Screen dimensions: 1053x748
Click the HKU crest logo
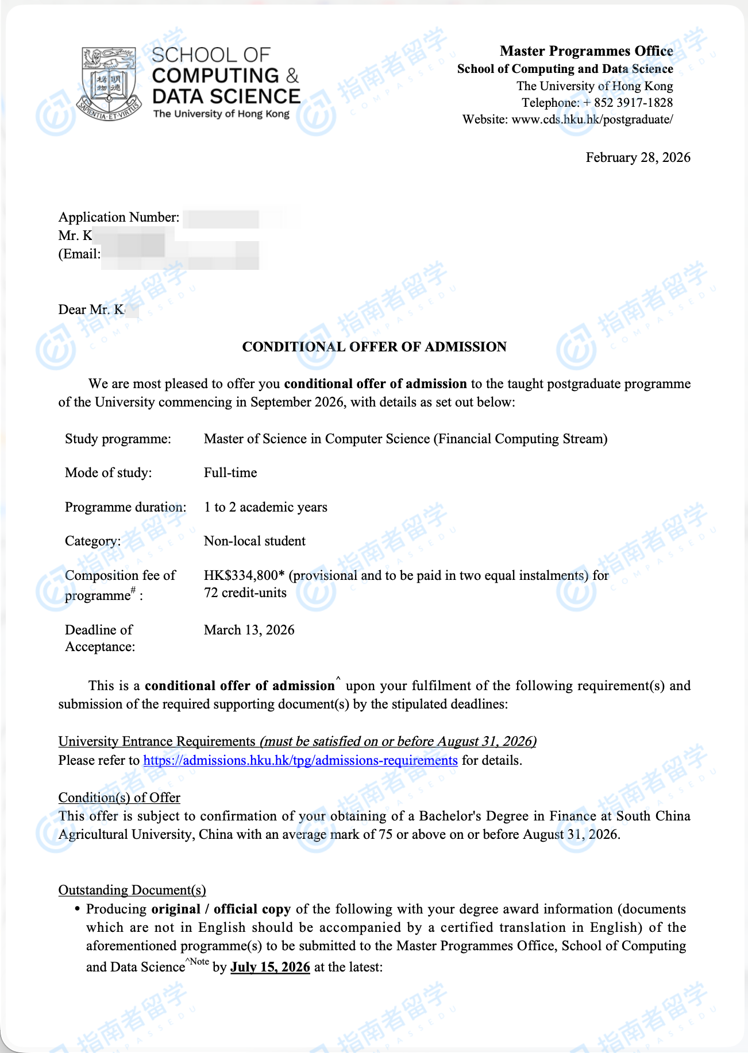pos(109,83)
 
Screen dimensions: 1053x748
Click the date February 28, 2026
pos(638,158)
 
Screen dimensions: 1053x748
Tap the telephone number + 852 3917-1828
pos(627,103)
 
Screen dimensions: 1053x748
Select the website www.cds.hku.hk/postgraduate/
pos(592,119)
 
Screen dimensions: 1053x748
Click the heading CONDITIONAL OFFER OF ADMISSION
pos(374,347)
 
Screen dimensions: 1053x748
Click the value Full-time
pos(230,473)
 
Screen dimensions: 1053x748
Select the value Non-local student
pos(255,541)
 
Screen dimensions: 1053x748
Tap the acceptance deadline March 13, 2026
pos(249,630)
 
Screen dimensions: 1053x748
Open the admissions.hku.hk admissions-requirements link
pos(300,761)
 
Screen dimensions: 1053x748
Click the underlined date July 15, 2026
pos(270,967)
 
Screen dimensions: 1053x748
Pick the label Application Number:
pos(119,217)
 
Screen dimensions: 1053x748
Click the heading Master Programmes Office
pos(586,51)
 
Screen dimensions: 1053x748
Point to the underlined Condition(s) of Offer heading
pos(119,798)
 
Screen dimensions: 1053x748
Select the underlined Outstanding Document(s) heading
pos(132,890)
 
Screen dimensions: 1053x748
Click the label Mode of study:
pos(108,473)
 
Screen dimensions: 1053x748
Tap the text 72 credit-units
pos(245,593)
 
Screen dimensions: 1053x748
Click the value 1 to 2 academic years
pos(265,507)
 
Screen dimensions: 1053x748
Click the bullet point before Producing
pos(77,909)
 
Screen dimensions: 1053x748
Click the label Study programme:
pos(118,439)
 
